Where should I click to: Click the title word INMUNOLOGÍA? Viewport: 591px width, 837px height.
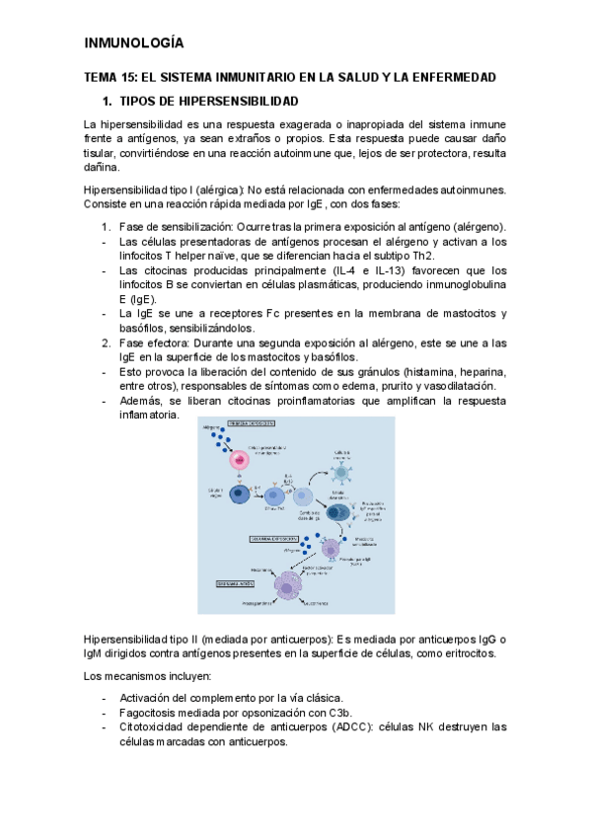[134, 43]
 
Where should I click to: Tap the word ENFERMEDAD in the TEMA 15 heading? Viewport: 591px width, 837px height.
[452, 77]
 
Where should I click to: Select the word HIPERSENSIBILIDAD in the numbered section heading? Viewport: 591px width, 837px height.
[235, 102]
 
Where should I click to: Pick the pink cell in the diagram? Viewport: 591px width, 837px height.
[239, 460]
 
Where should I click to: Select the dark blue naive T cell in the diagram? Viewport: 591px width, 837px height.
[238, 495]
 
